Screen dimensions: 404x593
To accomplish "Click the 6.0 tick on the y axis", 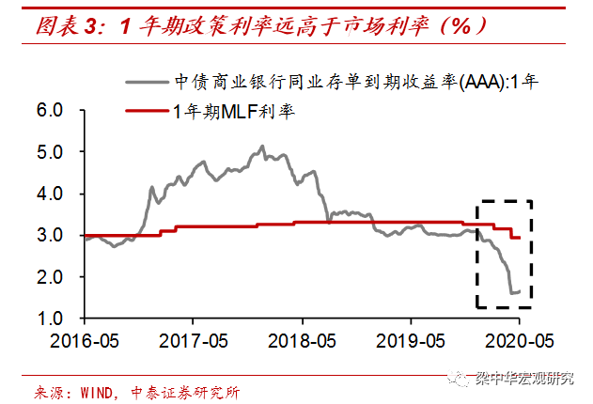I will (x=61, y=111).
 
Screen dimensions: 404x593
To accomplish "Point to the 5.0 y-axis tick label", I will (x=61, y=152).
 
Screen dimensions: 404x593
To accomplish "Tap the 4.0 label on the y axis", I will (x=61, y=194).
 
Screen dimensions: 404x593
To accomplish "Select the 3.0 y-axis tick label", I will (x=61, y=236).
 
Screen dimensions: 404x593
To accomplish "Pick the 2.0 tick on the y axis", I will (x=61, y=277).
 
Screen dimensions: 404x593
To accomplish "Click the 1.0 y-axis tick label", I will (x=61, y=319).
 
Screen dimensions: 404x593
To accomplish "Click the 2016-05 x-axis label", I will (x=84, y=339).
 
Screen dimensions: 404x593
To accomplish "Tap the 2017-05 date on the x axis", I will (x=194, y=339).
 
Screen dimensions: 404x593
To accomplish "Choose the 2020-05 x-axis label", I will (x=520, y=339).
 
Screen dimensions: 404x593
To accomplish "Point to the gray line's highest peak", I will (x=262, y=146).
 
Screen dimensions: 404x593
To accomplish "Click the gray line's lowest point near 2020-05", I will (x=512, y=293).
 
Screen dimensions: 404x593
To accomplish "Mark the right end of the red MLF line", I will (x=521, y=238).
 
